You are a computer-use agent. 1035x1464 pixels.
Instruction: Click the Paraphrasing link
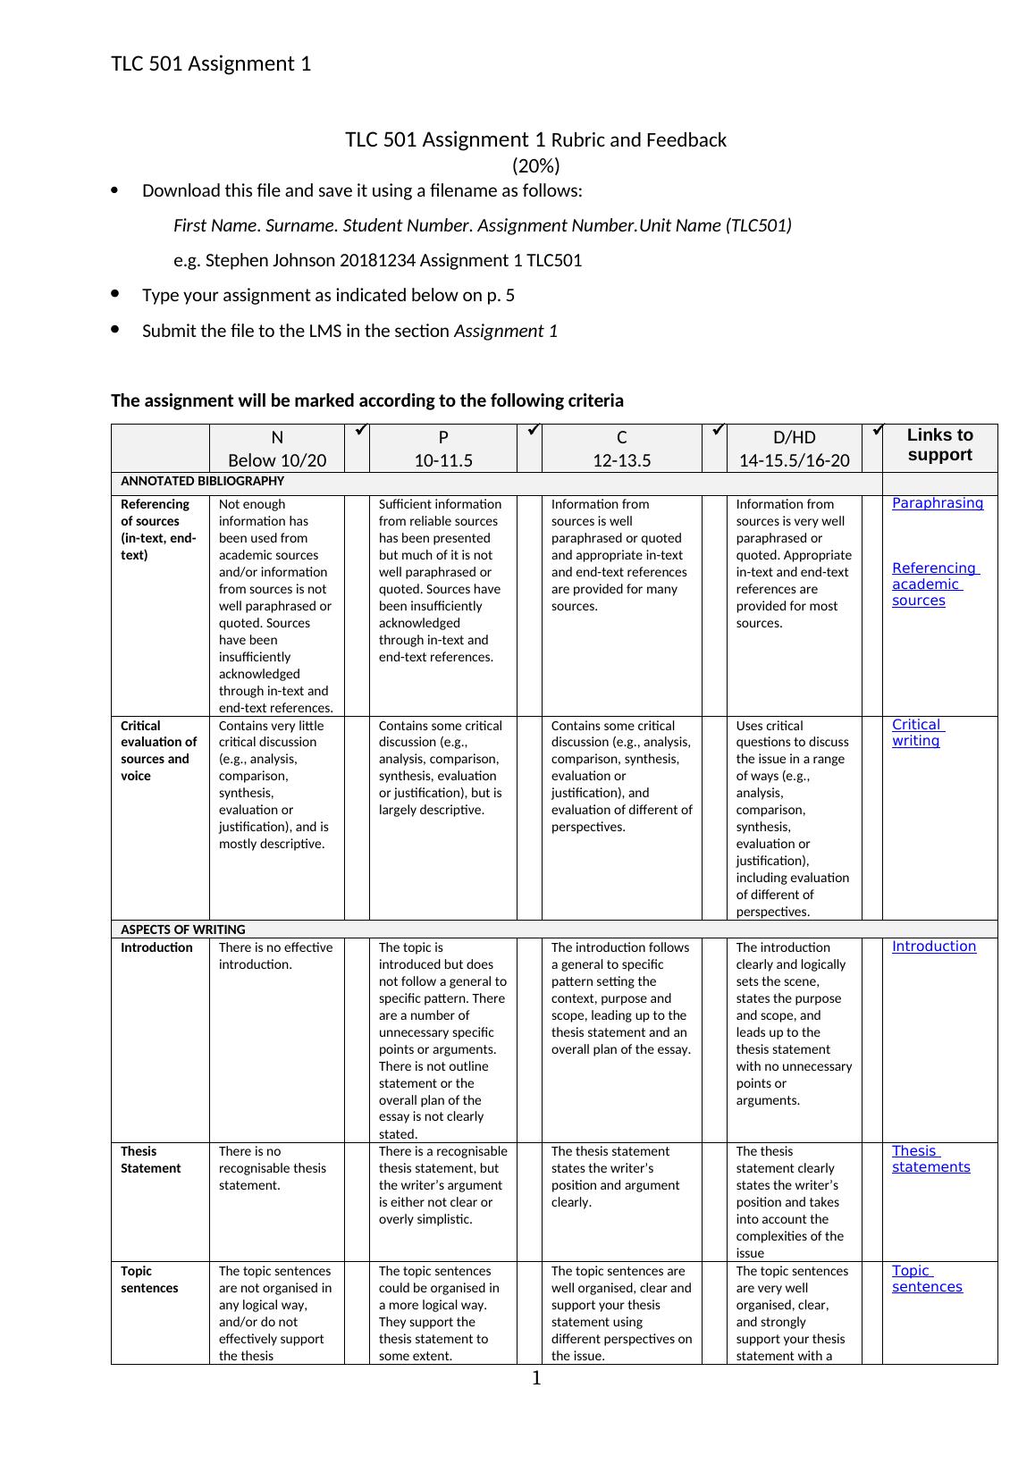pos(937,503)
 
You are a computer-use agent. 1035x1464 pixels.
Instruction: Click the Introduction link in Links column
pos(933,947)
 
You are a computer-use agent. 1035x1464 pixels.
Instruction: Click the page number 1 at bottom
pos(536,1379)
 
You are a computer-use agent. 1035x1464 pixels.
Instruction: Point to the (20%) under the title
pos(535,165)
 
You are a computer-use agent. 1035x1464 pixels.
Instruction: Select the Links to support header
pos(939,445)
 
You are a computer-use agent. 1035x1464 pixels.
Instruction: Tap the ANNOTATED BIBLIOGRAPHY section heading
pos(202,481)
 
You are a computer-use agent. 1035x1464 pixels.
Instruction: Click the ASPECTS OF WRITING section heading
pos(182,930)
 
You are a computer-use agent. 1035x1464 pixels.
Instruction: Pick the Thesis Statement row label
pos(150,1160)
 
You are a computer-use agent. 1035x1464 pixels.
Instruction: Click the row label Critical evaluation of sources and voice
pos(158,751)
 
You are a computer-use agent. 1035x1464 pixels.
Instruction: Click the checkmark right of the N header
pos(357,431)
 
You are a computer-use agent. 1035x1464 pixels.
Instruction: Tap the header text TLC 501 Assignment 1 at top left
pos(211,63)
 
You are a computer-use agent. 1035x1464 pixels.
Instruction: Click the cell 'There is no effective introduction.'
pos(275,956)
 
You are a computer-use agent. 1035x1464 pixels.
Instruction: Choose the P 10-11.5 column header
pos(443,449)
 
